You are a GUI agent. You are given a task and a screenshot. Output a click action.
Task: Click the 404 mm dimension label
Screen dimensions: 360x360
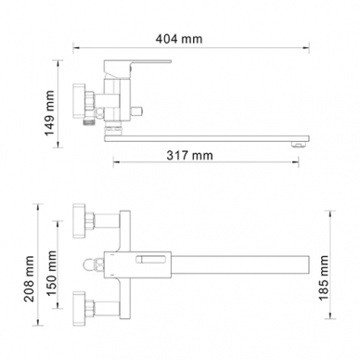(x=179, y=39)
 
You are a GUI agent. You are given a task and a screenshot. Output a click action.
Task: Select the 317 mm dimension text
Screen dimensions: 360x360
(x=189, y=155)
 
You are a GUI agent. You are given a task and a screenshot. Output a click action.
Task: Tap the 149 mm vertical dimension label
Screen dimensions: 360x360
(x=49, y=113)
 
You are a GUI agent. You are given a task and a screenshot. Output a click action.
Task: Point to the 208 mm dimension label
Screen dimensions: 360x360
(x=29, y=279)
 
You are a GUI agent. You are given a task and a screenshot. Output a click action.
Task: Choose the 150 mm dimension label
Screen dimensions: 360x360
(x=52, y=274)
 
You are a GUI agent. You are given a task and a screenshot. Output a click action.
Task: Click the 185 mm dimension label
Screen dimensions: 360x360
(x=324, y=277)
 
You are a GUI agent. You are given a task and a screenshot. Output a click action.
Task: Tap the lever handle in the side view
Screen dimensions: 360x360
(x=137, y=68)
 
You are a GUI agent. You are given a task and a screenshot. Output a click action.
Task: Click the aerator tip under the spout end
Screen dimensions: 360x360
(x=299, y=145)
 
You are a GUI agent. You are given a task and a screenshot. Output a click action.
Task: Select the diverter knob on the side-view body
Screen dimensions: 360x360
(x=137, y=109)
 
